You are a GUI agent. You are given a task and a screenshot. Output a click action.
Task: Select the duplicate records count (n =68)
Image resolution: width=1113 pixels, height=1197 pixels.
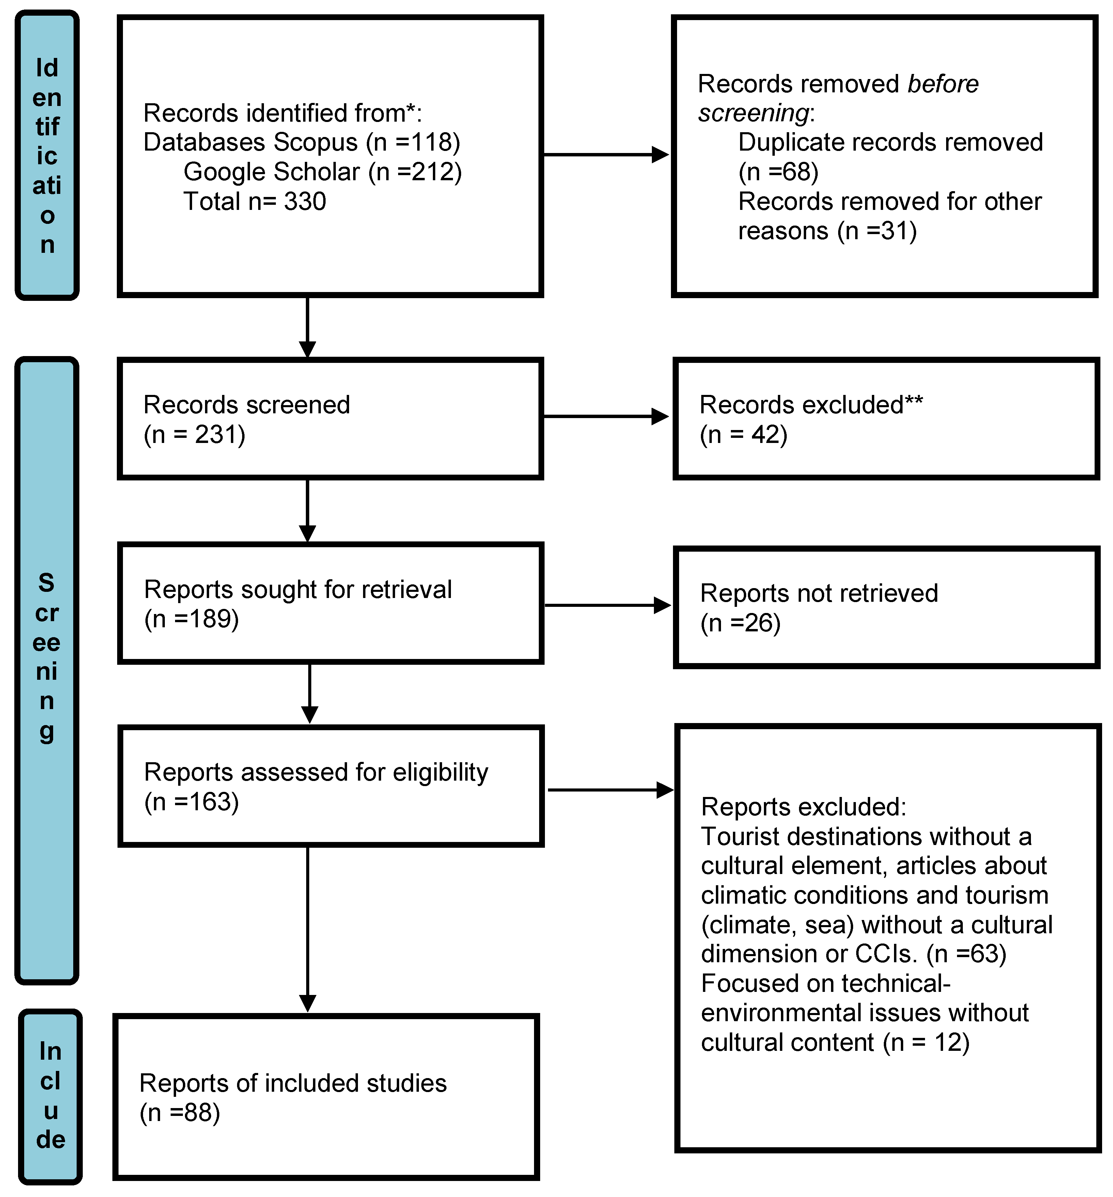(x=778, y=172)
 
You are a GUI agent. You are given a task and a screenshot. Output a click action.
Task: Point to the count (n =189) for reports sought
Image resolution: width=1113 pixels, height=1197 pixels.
(x=191, y=619)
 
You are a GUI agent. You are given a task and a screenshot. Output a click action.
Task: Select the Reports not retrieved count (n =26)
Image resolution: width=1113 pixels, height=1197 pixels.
(x=740, y=623)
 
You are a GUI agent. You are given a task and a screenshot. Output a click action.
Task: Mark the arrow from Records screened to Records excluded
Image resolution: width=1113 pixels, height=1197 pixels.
(x=606, y=416)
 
